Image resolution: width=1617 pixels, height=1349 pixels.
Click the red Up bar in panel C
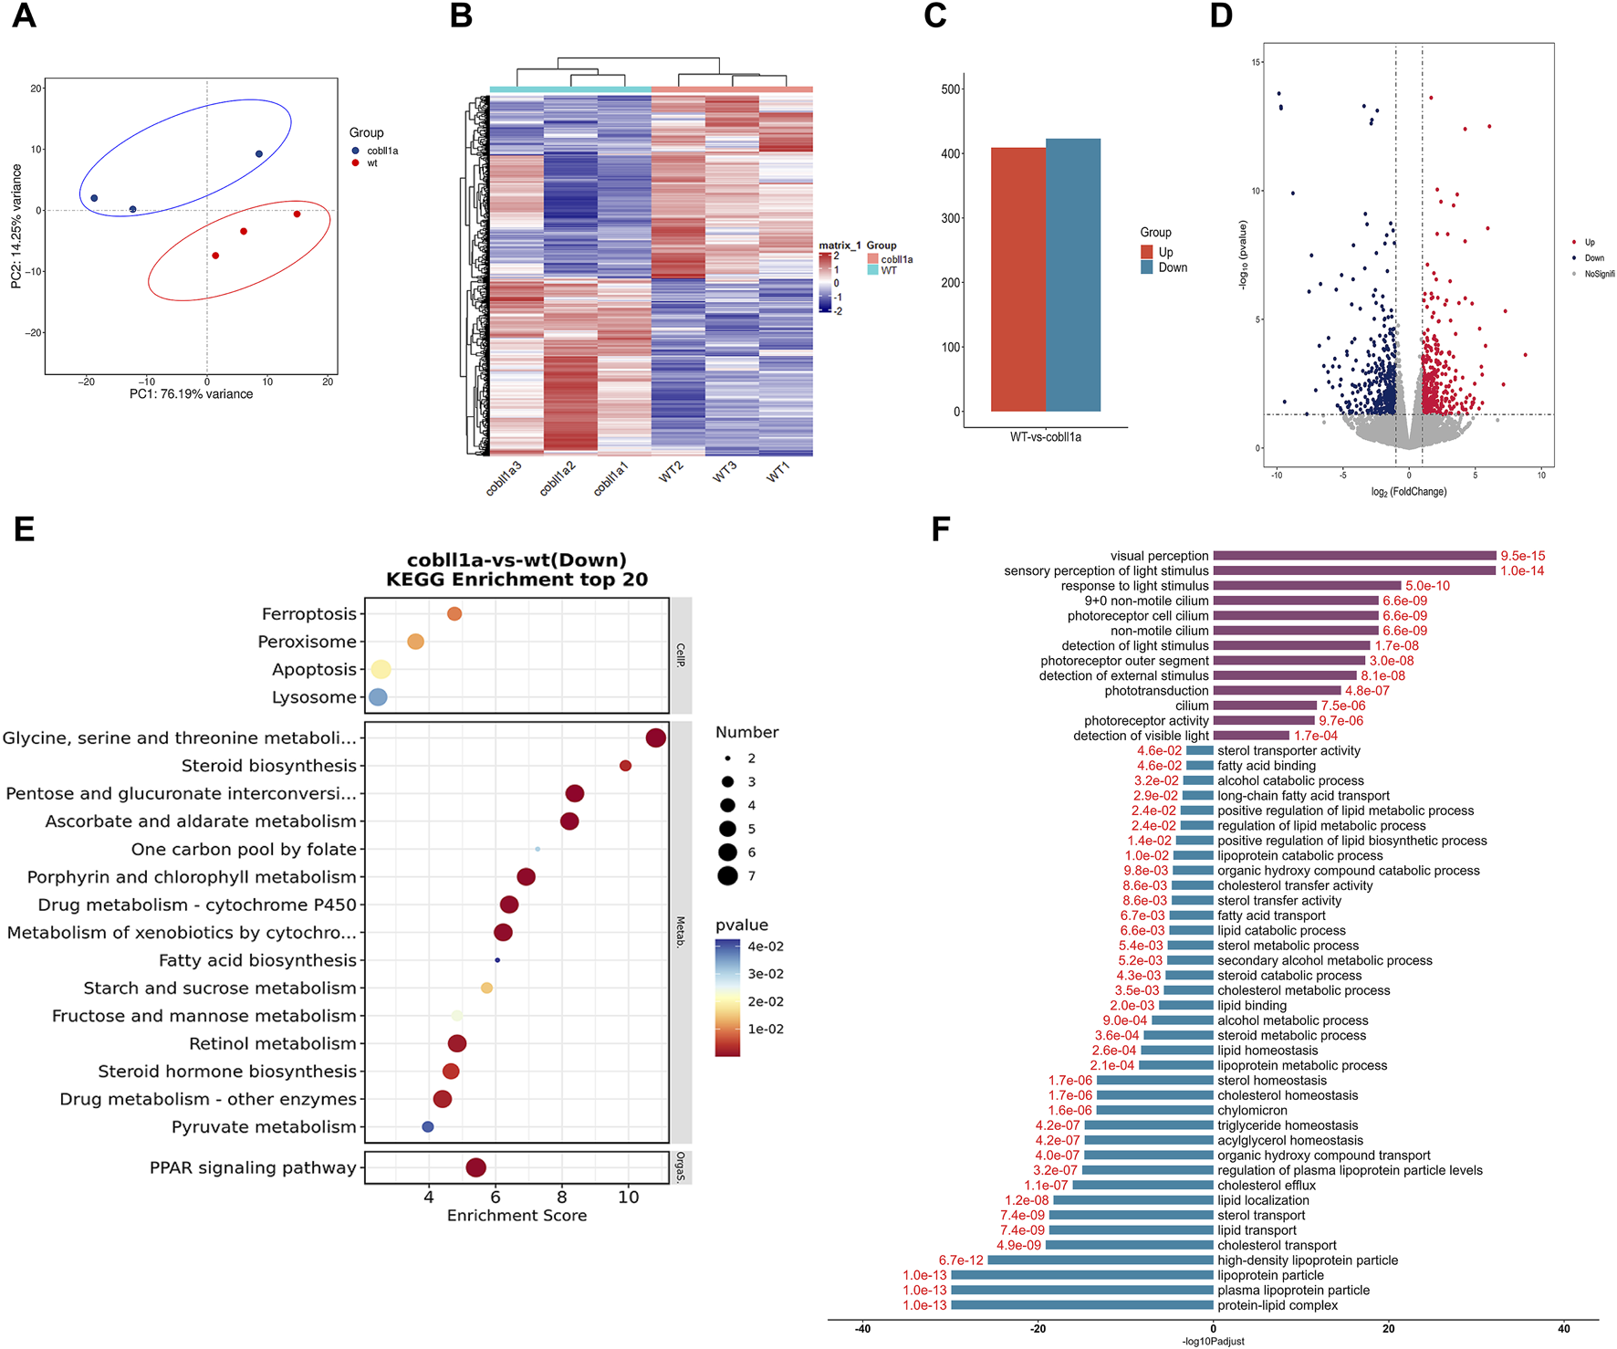point(1017,278)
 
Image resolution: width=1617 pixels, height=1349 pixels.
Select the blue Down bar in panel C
point(1073,274)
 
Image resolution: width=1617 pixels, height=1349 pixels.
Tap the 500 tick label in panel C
point(951,89)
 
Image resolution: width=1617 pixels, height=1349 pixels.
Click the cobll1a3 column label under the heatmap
point(504,478)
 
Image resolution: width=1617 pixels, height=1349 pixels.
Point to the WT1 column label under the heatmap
point(777,473)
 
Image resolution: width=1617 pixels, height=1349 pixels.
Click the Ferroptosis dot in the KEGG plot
point(454,614)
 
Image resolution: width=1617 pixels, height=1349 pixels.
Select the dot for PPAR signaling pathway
point(475,1167)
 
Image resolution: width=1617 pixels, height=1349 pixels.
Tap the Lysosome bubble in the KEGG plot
point(378,697)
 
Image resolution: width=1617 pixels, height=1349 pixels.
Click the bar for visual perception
point(1354,556)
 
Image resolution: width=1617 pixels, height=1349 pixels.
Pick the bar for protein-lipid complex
point(1082,1305)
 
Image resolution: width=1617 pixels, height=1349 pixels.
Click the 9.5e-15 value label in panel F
point(1523,556)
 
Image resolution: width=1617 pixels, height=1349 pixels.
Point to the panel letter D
point(1221,16)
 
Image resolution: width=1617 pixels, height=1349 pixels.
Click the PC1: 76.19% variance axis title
point(192,394)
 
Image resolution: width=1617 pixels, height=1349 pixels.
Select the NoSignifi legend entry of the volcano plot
point(1599,274)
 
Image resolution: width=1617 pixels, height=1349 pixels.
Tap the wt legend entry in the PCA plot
point(372,163)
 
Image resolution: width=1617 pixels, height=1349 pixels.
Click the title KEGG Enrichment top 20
point(516,580)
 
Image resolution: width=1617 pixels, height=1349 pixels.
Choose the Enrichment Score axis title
point(516,1216)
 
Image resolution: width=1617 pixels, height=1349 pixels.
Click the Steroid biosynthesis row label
point(268,766)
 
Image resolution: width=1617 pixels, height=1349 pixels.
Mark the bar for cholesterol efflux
point(1142,1186)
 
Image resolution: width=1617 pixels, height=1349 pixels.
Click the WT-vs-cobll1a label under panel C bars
point(1046,437)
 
